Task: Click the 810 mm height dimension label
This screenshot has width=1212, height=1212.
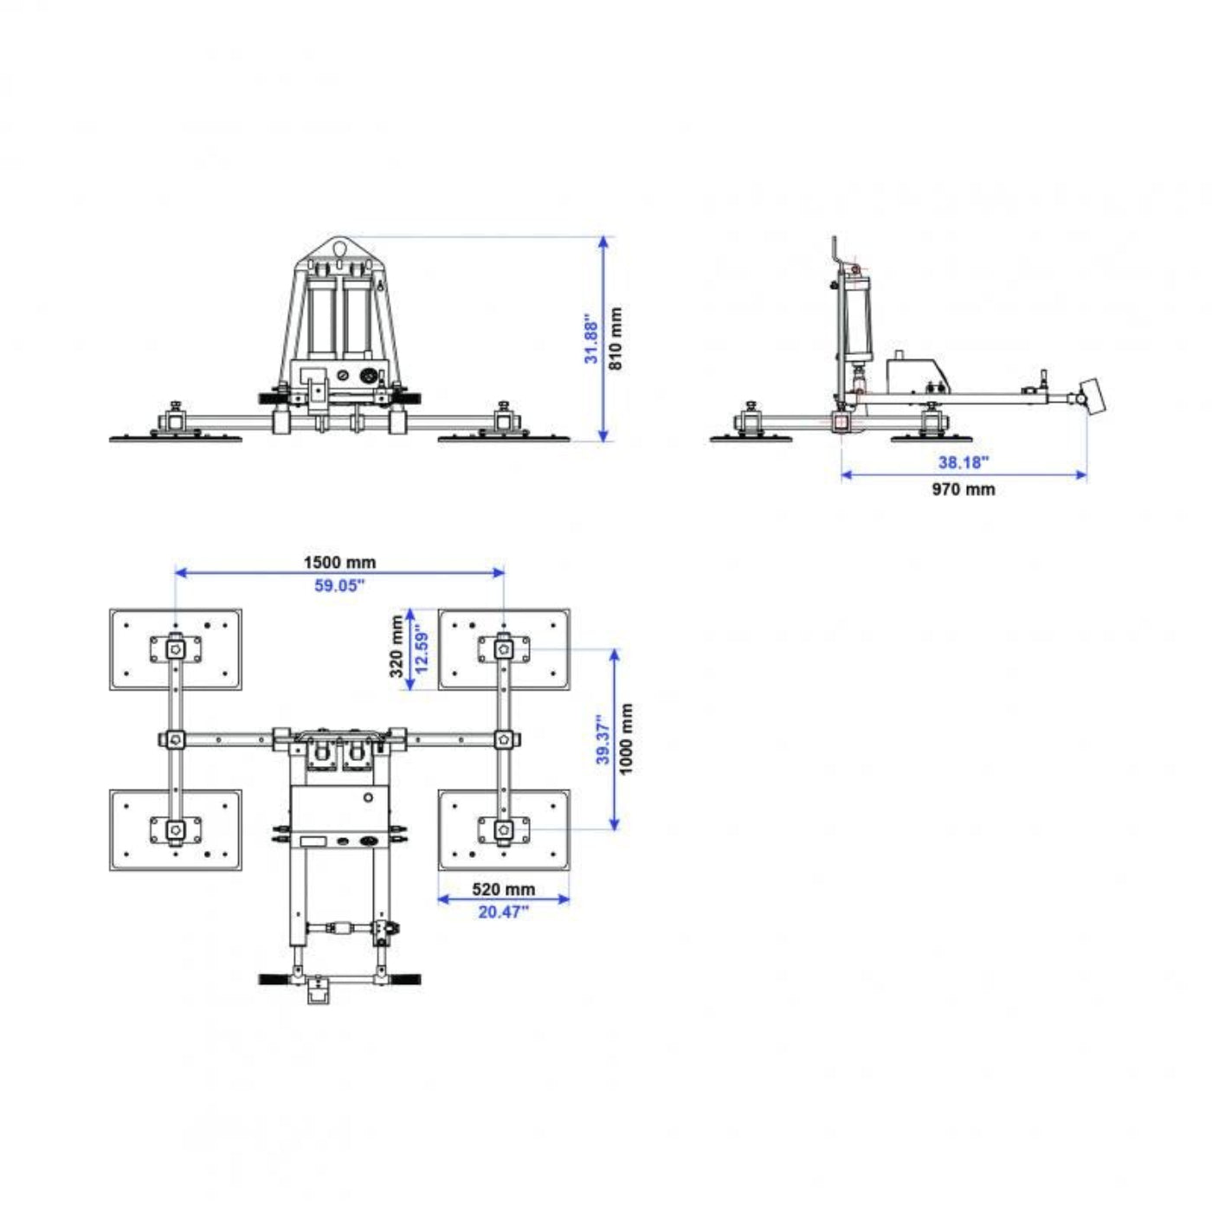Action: pos(616,338)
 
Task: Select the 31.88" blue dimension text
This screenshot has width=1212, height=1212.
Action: pos(591,338)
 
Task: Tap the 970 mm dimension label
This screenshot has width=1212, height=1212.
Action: pos(963,489)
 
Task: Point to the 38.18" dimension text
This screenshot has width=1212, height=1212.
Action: pos(963,462)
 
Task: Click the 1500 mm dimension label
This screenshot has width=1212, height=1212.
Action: pos(339,562)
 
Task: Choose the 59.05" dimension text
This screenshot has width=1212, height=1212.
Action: pos(339,585)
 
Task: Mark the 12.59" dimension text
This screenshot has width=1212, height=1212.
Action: pos(422,648)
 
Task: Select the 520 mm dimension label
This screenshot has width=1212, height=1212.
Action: pos(503,889)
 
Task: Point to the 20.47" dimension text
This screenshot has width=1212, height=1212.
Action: pos(503,912)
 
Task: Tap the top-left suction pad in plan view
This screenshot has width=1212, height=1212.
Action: pos(176,649)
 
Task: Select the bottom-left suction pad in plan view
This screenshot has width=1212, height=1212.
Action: pos(176,829)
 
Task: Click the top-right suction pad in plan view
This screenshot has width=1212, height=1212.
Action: pos(504,649)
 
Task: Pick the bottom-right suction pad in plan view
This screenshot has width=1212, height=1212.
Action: pos(504,829)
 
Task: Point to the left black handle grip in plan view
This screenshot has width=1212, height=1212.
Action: pos(274,979)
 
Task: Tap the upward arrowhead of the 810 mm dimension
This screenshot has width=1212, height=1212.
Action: pos(603,242)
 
